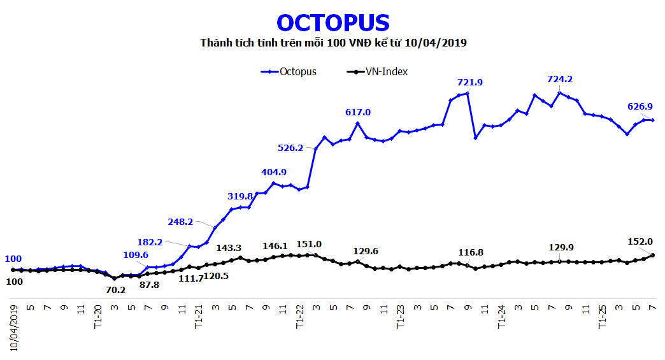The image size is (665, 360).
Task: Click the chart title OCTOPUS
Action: pos(332,23)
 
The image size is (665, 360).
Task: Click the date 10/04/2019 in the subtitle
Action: pos(440,43)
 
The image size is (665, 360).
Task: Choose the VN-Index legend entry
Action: pos(386,71)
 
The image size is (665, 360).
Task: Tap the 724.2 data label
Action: pos(560,80)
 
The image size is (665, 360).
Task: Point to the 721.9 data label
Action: pos(470,82)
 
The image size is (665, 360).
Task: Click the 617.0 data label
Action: pos(358,112)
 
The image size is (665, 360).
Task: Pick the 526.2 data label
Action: pos(290,148)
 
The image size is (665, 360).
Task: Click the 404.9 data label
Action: pos(274,172)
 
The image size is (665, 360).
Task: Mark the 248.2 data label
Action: pos(180,222)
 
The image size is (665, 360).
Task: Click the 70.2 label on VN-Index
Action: pos(116,289)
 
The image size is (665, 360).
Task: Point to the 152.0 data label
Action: pos(640,241)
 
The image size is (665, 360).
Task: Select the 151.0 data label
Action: pos(309,245)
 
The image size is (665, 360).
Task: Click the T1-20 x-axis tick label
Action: pos(98,316)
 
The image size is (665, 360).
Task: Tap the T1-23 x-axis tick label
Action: pos(400,316)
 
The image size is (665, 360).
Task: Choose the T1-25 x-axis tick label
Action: pos(602,316)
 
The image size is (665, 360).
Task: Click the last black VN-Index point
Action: pos(653,256)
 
